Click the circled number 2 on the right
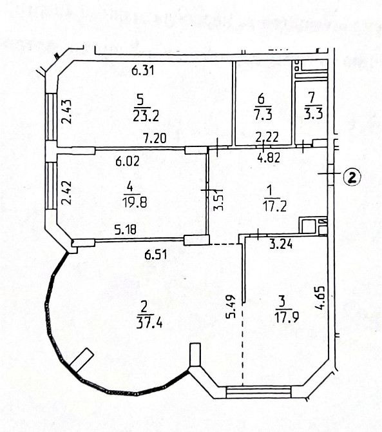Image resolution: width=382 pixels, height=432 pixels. point(351,176)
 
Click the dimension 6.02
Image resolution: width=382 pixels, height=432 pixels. point(129,162)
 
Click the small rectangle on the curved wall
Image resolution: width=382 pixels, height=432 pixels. point(82,359)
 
